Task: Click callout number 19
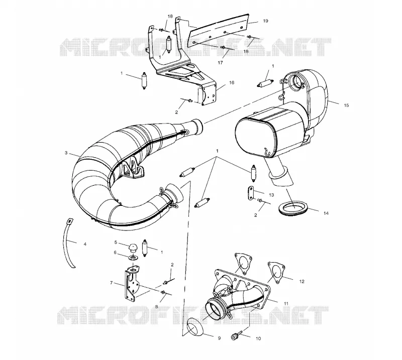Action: pyautogui.click(x=266, y=21)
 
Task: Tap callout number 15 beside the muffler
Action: pyautogui.click(x=346, y=105)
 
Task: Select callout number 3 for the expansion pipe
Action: pyautogui.click(x=66, y=153)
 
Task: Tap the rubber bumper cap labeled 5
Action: pyautogui.click(x=133, y=248)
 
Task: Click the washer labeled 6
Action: pyautogui.click(x=133, y=257)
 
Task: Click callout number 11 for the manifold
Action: pyautogui.click(x=286, y=303)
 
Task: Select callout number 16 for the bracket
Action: pyautogui.click(x=232, y=82)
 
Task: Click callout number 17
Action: pyautogui.click(x=220, y=63)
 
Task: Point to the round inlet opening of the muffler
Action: pyautogui.click(x=297, y=82)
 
